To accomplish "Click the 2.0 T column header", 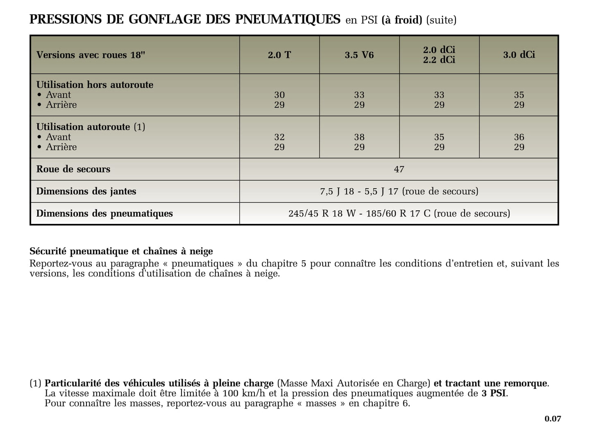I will point(279,55).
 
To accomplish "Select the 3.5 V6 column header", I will point(359,55).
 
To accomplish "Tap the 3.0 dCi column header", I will point(519,55).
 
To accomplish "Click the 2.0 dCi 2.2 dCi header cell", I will point(439,55).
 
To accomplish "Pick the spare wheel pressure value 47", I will point(399,169).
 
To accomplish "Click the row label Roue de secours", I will point(73,169).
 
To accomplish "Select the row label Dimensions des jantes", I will point(86,191).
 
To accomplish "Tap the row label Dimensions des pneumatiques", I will point(104,213).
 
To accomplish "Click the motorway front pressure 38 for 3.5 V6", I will point(359,137).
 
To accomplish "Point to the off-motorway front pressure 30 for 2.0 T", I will point(279,95).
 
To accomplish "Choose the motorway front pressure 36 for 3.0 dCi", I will point(519,137).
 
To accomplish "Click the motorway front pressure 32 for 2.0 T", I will point(279,137).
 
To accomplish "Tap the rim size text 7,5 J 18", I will point(337,192).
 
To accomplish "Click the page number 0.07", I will point(553,419).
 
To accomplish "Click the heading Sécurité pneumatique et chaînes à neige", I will point(121,251).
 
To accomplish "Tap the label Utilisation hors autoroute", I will point(95,85).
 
